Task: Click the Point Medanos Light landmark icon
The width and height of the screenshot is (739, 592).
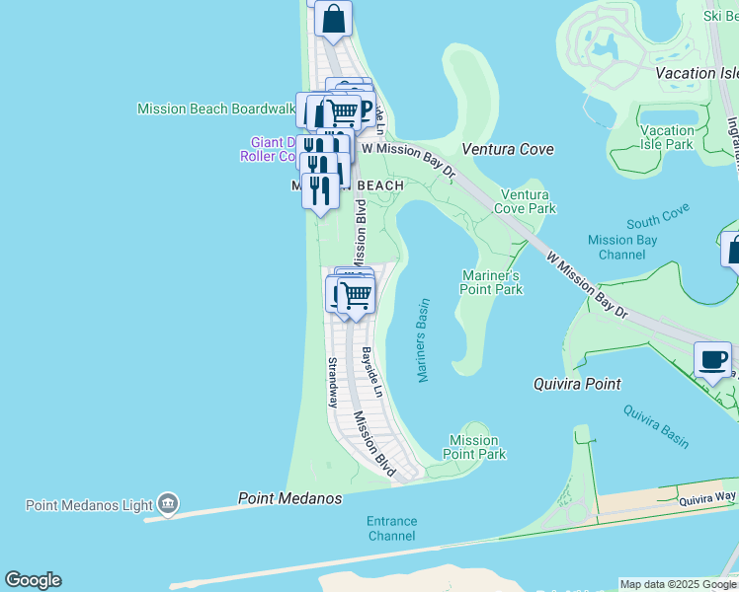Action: [167, 505]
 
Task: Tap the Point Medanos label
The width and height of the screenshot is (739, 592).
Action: [289, 499]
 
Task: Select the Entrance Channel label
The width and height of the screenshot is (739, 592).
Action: [391, 528]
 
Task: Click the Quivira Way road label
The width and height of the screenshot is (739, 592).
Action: [707, 499]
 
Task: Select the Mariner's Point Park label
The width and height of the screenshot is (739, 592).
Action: [491, 282]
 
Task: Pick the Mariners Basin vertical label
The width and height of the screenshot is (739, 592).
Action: [423, 340]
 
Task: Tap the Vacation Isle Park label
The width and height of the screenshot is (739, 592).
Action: [667, 137]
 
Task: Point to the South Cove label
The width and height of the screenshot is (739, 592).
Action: [657, 213]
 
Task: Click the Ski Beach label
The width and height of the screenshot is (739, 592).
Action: [720, 16]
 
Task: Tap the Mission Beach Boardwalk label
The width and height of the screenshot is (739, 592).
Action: [216, 109]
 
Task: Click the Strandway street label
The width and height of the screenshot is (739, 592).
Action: [332, 383]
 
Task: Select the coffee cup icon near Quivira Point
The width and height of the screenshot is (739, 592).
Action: [712, 359]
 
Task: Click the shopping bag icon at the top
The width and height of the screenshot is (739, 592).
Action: [334, 19]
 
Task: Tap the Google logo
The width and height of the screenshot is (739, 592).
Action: [33, 580]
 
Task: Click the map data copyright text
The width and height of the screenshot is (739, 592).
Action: [677, 584]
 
